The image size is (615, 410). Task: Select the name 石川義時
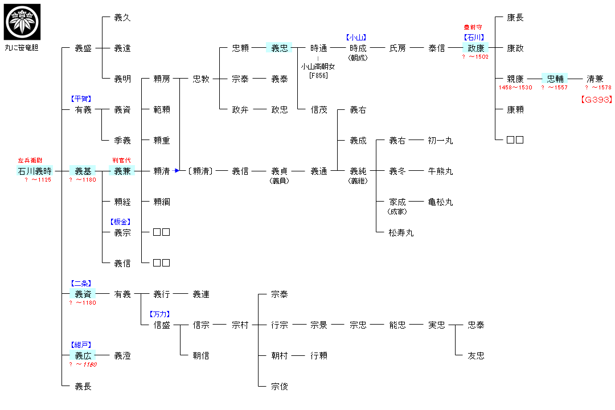pyautogui.click(x=35, y=171)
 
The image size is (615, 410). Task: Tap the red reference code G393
pyautogui.click(x=596, y=100)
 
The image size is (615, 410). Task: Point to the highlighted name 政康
pyautogui.click(x=475, y=48)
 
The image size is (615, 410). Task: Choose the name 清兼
pyautogui.click(x=595, y=79)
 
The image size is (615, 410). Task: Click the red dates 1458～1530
pyautogui.click(x=515, y=88)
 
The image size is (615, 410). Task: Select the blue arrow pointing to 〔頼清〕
pyautogui.click(x=177, y=170)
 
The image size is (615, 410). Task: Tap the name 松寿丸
pyautogui.click(x=401, y=232)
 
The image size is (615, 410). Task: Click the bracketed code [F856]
pyautogui.click(x=318, y=75)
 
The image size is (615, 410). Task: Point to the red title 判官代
pyautogui.click(x=122, y=161)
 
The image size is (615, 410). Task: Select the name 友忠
pyautogui.click(x=476, y=356)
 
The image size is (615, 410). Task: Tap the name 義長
pyautogui.click(x=83, y=387)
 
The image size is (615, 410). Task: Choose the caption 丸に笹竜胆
pyautogui.click(x=21, y=48)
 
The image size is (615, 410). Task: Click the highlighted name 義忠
pyautogui.click(x=280, y=48)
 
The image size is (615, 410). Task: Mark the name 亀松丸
pyautogui.click(x=440, y=202)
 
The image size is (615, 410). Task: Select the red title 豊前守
pyautogui.click(x=475, y=27)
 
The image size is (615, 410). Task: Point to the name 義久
pyautogui.click(x=122, y=18)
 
